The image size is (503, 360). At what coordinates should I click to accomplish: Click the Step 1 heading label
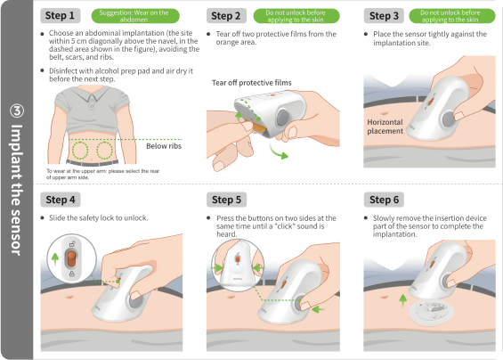(60, 15)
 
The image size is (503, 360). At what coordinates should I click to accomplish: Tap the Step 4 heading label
(61, 200)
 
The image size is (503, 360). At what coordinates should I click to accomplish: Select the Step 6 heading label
(384, 200)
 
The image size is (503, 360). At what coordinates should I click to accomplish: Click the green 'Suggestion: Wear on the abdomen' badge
(135, 16)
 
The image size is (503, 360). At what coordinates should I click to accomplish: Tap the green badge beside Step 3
(452, 16)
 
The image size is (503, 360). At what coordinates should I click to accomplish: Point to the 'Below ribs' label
(164, 146)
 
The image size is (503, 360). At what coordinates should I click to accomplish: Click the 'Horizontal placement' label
(385, 127)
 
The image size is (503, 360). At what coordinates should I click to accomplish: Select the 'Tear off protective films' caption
(251, 83)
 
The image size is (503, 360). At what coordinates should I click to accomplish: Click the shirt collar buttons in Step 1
(92, 103)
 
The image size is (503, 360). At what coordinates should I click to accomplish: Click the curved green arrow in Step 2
(279, 152)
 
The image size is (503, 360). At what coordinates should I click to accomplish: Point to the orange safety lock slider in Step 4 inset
(71, 258)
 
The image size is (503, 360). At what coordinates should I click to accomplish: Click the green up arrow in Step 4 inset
(55, 258)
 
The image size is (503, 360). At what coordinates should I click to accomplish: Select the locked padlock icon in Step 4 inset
(72, 274)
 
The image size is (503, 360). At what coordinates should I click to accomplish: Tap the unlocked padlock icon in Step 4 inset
(72, 244)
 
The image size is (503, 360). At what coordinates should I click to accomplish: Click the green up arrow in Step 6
(403, 300)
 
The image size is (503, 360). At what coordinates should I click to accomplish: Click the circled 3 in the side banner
(17, 110)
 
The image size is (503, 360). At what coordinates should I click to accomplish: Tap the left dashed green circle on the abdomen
(80, 151)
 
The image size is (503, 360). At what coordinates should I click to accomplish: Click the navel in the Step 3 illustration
(384, 113)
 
